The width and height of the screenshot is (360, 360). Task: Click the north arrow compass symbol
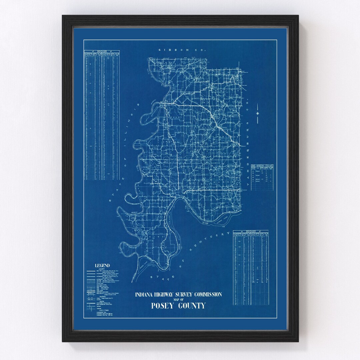(258, 113)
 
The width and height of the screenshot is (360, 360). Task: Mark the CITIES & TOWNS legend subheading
(100, 320)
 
